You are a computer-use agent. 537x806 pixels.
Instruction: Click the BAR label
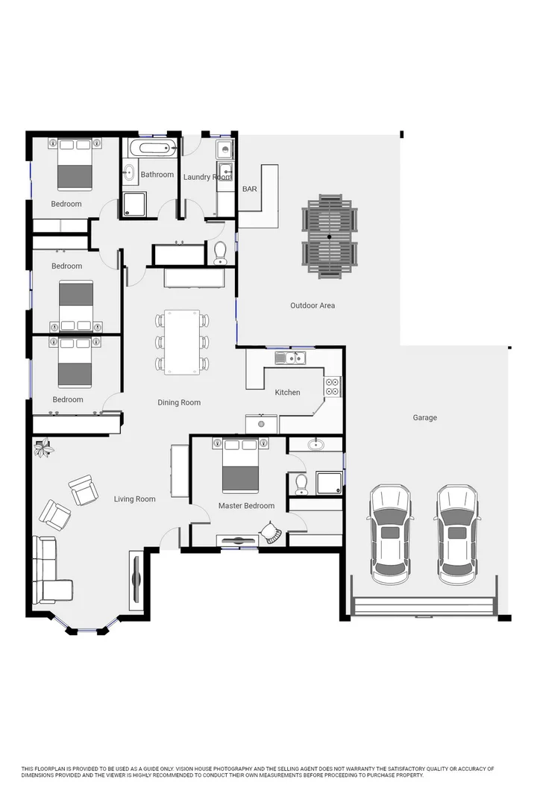[249, 190]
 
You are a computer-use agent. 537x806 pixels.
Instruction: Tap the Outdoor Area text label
[313, 305]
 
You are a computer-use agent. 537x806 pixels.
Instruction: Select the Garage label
[424, 418]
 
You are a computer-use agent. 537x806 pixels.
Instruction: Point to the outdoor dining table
[330, 237]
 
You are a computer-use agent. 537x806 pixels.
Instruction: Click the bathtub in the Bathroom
[151, 148]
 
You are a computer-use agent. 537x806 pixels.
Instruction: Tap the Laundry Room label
[208, 177]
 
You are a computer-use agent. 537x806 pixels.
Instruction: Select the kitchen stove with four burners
[332, 387]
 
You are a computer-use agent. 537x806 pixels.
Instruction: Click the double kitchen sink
[289, 359]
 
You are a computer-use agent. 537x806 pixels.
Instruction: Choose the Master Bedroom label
[246, 506]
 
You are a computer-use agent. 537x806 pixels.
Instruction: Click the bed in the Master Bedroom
[240, 466]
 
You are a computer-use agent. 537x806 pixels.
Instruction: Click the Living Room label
[134, 499]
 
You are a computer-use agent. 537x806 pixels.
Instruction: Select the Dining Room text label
[179, 403]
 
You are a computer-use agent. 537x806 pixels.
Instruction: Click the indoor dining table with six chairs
[182, 343]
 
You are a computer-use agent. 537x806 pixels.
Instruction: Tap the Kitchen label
[287, 393]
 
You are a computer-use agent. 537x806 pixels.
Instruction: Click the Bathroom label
[157, 175]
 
